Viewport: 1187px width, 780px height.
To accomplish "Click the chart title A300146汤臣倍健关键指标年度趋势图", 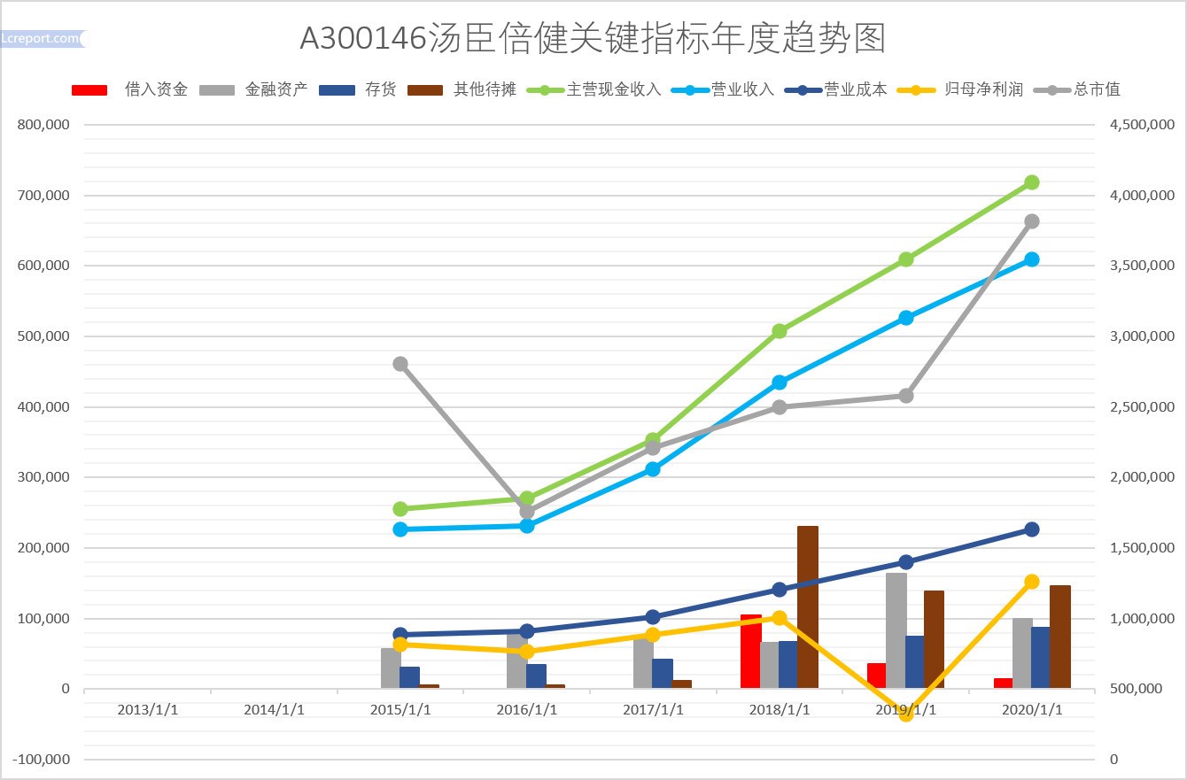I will pos(593,38).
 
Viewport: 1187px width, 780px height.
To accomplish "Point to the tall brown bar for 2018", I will pos(808,606).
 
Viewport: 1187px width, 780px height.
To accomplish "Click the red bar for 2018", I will pos(750,651).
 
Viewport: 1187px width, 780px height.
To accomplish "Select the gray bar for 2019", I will pos(896,629).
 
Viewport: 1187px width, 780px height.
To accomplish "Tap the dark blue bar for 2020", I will pos(1041,657).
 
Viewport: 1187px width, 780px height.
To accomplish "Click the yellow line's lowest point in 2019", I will pos(905,714).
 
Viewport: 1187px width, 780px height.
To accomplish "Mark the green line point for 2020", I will pos(1031,182).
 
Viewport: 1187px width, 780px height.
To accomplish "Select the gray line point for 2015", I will pos(400,364).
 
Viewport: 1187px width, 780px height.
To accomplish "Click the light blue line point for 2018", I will pos(780,382).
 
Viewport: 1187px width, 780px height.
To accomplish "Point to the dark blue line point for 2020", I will pos(1031,529).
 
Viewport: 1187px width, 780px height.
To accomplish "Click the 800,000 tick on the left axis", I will pos(44,125).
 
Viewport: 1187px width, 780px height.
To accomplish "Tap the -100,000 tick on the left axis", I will pos(42,760).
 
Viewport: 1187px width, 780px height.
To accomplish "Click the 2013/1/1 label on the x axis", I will pos(148,710).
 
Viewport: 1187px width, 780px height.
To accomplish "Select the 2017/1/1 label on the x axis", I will pos(653,710).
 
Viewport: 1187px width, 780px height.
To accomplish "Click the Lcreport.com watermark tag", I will pos(43,38).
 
